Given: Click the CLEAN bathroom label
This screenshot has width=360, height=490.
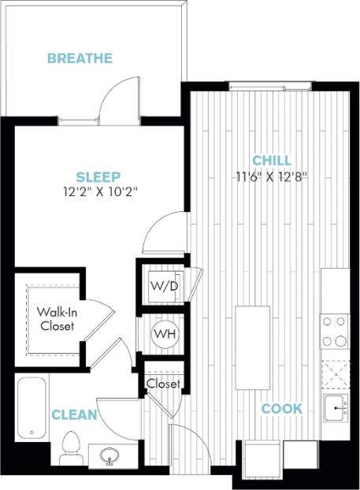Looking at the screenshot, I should point(75,414).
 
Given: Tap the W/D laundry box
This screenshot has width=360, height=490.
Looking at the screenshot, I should point(164,284).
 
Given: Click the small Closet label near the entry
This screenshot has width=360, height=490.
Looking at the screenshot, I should point(163,384).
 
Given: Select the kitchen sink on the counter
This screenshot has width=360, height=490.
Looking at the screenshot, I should point(336,409).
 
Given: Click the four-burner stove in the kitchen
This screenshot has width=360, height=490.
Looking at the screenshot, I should point(334,331).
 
